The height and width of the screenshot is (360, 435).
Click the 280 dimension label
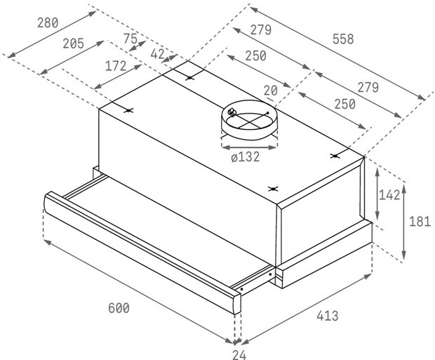48,22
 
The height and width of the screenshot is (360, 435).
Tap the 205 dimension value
73,44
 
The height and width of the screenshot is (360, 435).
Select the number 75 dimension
130,39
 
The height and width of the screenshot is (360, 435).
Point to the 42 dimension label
157,54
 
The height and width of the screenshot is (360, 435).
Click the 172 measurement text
116,66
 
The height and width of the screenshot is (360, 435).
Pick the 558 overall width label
343,39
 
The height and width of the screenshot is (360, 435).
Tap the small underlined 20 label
271,91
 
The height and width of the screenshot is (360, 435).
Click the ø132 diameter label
246,157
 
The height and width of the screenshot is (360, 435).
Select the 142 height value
389,195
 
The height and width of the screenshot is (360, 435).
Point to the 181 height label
420,222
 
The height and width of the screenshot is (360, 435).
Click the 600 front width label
119,308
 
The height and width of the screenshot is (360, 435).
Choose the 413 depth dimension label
328,316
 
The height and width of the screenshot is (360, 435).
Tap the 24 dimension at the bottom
239,354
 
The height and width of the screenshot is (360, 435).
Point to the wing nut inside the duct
231,112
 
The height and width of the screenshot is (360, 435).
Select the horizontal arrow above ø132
249,147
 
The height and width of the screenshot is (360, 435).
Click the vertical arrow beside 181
404,222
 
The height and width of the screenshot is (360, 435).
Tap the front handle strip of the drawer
142,251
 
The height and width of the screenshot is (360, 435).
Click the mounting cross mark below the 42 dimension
189,78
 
